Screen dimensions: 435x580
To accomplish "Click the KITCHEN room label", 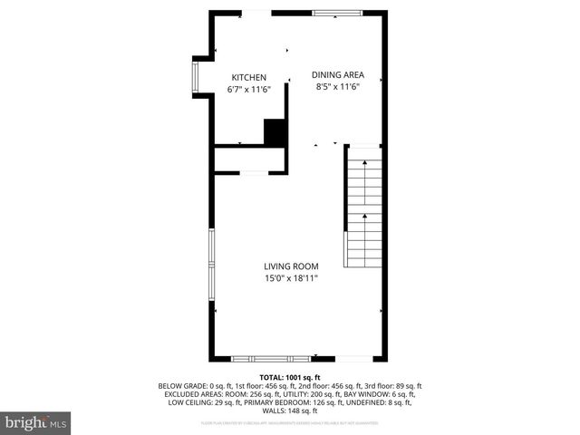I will (x=248, y=77).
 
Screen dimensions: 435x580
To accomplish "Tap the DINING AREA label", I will (x=338, y=75).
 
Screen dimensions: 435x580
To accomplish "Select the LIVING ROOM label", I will (x=291, y=266).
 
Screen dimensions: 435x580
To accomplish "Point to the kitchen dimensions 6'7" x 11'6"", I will (x=248, y=90).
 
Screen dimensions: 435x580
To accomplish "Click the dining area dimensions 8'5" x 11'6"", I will (x=338, y=87).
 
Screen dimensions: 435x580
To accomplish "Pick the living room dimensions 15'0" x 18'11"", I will (x=291, y=278).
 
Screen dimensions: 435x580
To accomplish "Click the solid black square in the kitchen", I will (x=275, y=132).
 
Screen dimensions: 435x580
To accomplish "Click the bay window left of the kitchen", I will (x=196, y=77).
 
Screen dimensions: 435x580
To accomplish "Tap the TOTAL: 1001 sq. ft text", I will (x=290, y=377).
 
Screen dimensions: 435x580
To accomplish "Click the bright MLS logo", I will (x=36, y=421).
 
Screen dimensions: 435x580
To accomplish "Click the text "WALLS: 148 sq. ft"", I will (x=290, y=411).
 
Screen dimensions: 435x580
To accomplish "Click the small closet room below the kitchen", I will (x=250, y=159).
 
